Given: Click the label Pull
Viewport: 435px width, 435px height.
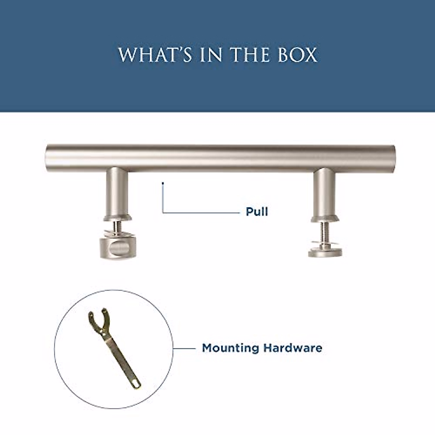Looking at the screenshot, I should (x=257, y=212).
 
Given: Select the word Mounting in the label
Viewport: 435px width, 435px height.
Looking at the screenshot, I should (x=231, y=348).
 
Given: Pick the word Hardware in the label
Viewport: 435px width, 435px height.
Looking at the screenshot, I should (x=293, y=348).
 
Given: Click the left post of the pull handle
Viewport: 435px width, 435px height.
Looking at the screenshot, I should (x=117, y=192).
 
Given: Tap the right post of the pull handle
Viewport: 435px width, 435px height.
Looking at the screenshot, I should (x=324, y=192).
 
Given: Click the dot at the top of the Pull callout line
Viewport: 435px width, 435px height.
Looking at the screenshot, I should (x=163, y=183).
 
